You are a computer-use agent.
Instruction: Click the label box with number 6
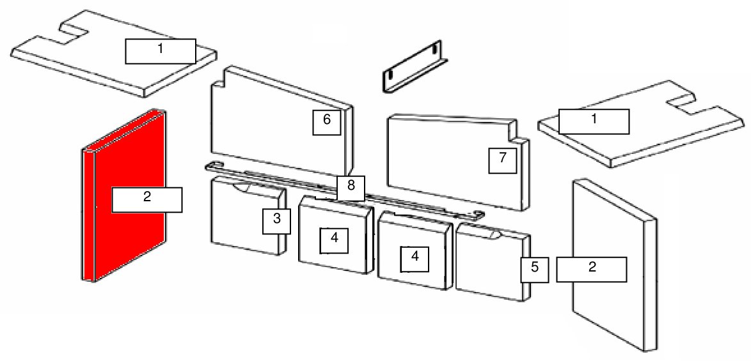[x=327, y=122]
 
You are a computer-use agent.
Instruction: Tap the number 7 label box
[x=502, y=160]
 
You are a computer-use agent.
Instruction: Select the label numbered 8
[x=351, y=188]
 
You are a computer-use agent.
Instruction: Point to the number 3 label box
[x=277, y=221]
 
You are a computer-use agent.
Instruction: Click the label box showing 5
[x=535, y=269]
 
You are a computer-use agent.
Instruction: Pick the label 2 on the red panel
[x=147, y=199]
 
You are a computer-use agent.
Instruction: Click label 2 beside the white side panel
[x=592, y=269]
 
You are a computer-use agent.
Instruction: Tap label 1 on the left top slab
[x=161, y=51]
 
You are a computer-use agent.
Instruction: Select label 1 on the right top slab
[x=594, y=121]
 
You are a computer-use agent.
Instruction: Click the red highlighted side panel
[x=123, y=195]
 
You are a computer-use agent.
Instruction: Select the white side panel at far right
[x=615, y=265]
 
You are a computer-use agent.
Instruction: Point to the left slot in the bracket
[x=390, y=75]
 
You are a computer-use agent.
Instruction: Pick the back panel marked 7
[x=459, y=162]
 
